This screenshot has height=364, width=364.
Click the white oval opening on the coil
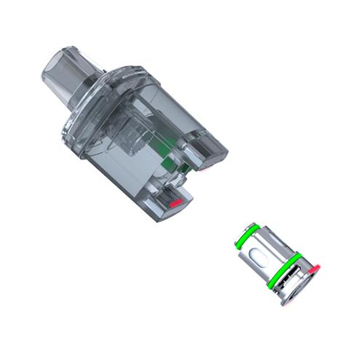pyautogui.click(x=259, y=256)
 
